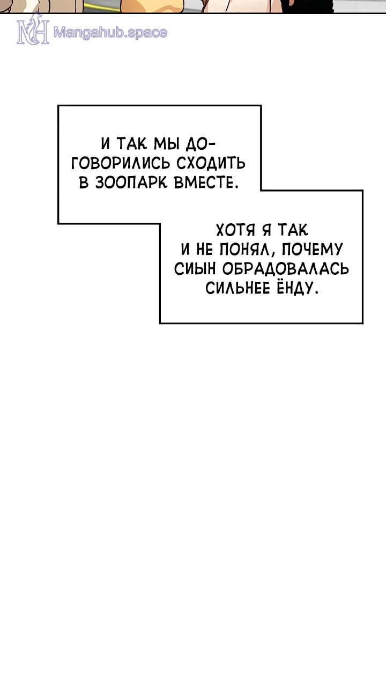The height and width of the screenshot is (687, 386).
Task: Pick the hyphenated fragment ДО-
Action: click(x=199, y=144)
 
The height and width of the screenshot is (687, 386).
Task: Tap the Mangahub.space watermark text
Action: click(x=110, y=33)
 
